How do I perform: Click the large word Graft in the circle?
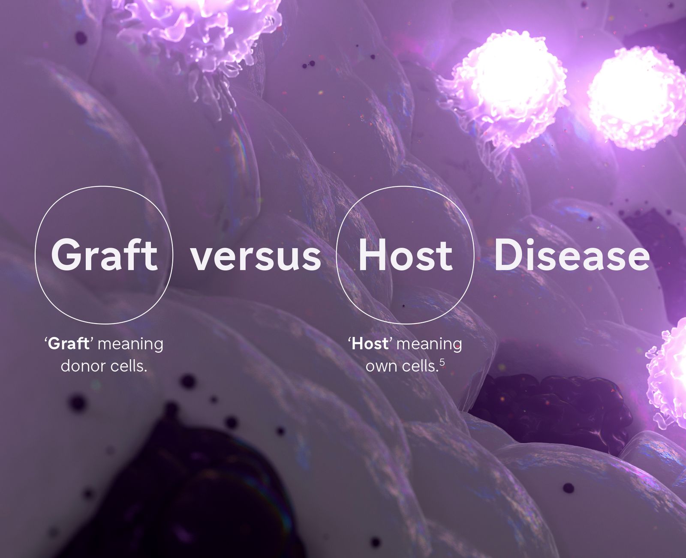pyautogui.click(x=104, y=255)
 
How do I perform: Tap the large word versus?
pyautogui.click(x=256, y=259)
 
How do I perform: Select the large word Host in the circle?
pyautogui.click(x=406, y=255)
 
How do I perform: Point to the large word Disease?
pyautogui.click(x=572, y=255)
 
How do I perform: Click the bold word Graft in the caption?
pyautogui.click(x=69, y=344)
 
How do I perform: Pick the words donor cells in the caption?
pyautogui.click(x=104, y=366)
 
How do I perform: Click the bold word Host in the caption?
pyautogui.click(x=370, y=344)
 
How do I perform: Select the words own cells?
pyautogui.click(x=402, y=366)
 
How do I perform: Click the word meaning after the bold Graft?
pyautogui.click(x=130, y=345)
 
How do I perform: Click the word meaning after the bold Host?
pyautogui.click(x=429, y=345)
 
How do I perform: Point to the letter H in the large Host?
pyautogui.click(x=372, y=255)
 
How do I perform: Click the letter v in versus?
pyautogui.click(x=203, y=259)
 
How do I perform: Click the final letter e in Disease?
pyautogui.click(x=638, y=259)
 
